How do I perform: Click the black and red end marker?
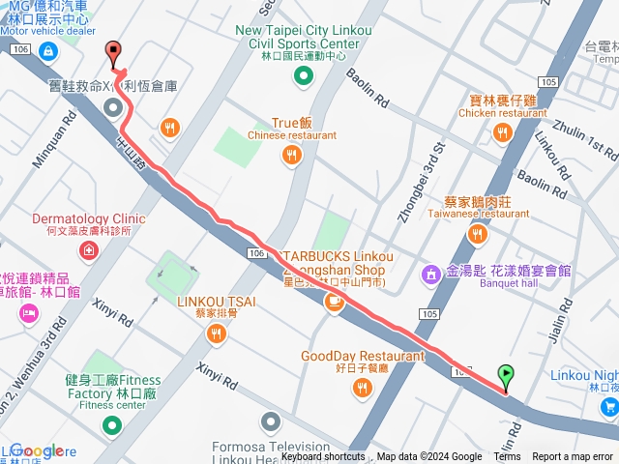click(113, 54)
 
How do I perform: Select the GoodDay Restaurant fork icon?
click(362, 388)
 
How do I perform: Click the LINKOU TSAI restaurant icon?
click(216, 333)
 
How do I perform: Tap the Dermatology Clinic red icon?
click(89, 250)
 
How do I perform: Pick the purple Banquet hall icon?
click(432, 275)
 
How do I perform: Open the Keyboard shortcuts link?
click(323, 457)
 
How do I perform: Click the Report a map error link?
click(574, 457)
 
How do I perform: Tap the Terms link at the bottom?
click(507, 457)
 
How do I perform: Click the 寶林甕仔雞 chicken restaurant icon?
click(502, 132)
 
